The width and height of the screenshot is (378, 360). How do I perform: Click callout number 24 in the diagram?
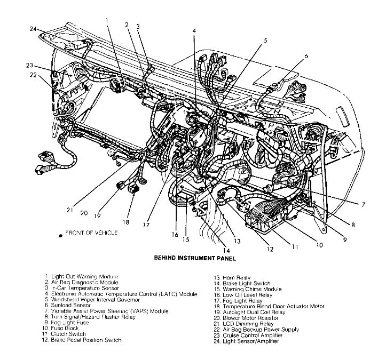pos(34,29)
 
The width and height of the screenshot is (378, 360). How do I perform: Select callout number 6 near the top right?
pos(306,55)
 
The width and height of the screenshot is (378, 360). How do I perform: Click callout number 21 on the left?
pos(69,210)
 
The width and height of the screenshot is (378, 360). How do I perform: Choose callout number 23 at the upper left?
pos(30,66)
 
